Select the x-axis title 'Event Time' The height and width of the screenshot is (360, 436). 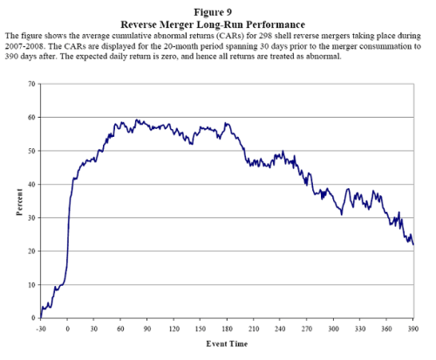tap(225, 345)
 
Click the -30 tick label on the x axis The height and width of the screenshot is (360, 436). tap(40, 329)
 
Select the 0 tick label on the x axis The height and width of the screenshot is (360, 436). tap(67, 329)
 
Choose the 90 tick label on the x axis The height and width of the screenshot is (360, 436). tap(146, 329)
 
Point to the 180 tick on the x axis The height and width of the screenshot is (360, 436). tap(227, 329)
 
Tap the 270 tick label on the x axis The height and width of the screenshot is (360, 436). tap(306, 329)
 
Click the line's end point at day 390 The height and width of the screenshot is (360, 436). tap(413, 245)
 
